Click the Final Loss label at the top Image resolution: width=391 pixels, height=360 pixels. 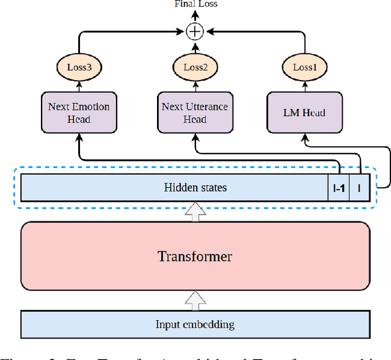click(195, 4)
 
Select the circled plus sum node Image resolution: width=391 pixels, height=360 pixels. click(195, 30)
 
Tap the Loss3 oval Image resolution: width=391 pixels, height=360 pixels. click(78, 67)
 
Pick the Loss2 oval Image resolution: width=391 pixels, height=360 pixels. click(195, 67)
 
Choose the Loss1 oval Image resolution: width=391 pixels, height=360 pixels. click(304, 67)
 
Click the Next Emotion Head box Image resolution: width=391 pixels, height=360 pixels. click(78, 112)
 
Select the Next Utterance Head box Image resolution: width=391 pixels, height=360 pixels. click(195, 112)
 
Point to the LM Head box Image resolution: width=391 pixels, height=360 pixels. click(304, 112)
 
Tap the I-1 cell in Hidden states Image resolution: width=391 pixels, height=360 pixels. click(338, 188)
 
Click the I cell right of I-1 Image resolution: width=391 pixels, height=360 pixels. click(359, 188)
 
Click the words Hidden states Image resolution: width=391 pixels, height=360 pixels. click(195, 188)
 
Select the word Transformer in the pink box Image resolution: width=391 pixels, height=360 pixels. click(195, 256)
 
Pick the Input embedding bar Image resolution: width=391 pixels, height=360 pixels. click(195, 324)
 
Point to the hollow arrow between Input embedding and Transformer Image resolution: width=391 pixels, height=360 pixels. click(195, 299)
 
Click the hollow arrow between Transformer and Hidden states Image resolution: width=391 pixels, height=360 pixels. click(195, 212)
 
